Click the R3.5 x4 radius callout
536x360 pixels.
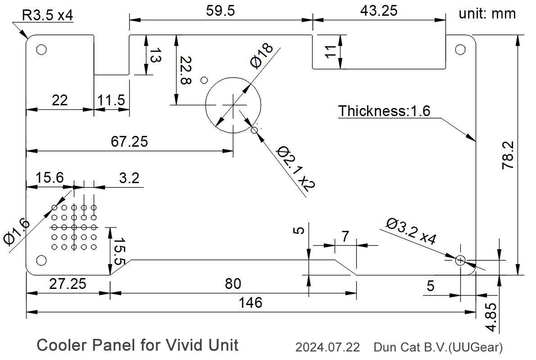(48, 15)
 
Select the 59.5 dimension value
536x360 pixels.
(220, 11)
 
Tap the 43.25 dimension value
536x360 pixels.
(379, 11)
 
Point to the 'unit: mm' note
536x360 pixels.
(487, 13)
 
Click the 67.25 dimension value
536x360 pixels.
(129, 141)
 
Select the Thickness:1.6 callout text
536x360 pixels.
(384, 111)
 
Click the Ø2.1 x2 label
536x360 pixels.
(295, 169)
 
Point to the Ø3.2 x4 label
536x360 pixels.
(411, 231)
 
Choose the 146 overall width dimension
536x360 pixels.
(250, 302)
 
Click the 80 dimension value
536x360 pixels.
(232, 283)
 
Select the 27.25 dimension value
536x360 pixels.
(68, 283)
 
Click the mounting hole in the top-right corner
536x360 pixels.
(460, 49)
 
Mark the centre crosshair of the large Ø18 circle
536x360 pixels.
(233, 104)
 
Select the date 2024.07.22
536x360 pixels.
(327, 347)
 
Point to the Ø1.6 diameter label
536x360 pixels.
(18, 232)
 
